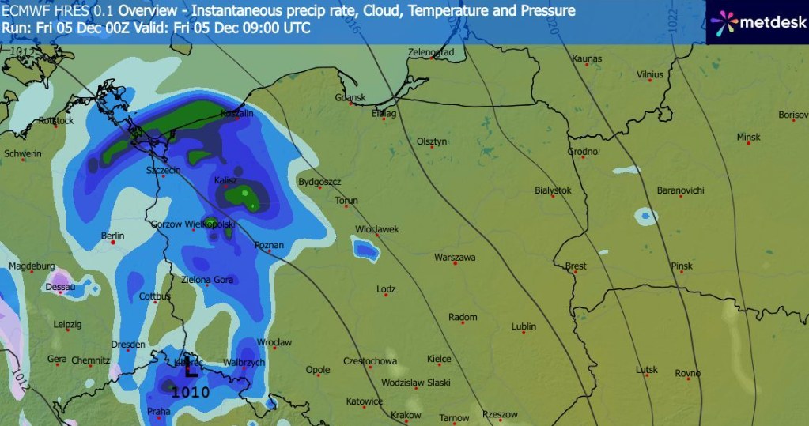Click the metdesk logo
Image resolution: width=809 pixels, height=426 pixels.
click(x=756, y=22)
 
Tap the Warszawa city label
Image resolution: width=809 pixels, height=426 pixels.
click(x=455, y=258)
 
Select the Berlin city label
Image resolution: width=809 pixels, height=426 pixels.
click(x=113, y=236)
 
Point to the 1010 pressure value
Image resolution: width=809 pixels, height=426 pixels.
click(x=191, y=392)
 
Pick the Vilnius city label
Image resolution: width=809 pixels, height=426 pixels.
click(x=649, y=74)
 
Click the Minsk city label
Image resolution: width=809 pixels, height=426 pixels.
click(x=747, y=137)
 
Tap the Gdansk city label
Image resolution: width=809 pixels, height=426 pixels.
click(x=350, y=98)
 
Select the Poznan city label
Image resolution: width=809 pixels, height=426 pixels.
click(x=269, y=246)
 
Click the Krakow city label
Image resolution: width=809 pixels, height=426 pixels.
click(x=406, y=415)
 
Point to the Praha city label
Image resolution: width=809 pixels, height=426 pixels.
click(x=158, y=412)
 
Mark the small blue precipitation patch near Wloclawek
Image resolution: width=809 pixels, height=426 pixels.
click(x=365, y=251)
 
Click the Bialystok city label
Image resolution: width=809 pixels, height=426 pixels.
click(x=553, y=190)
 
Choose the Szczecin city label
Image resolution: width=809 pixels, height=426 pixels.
click(x=164, y=170)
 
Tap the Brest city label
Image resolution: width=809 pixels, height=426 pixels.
click(x=576, y=266)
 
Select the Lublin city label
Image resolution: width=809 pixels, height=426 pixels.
click(x=524, y=326)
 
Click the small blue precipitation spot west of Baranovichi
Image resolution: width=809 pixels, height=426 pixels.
click(x=646, y=215)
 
